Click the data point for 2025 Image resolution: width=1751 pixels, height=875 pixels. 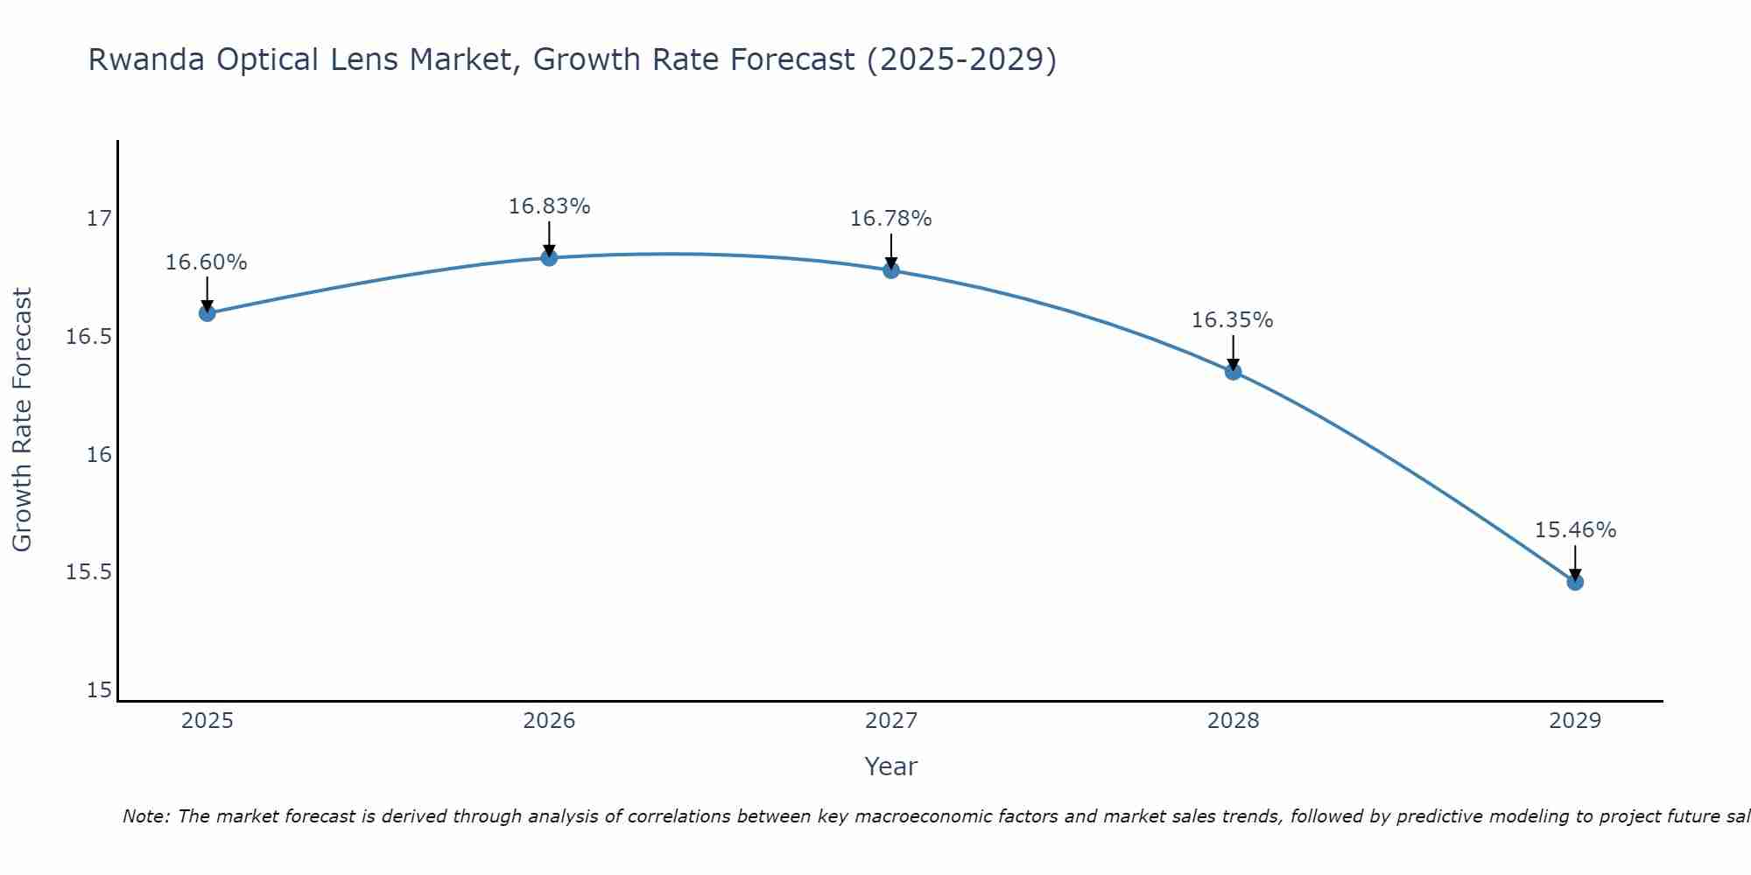click(x=207, y=313)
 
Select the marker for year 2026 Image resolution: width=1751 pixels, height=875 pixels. click(x=549, y=257)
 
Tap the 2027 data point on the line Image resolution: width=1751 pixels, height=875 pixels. click(x=891, y=269)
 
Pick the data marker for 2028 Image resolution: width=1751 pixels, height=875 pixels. click(x=1233, y=372)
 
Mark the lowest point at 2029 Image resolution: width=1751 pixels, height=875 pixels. click(x=1575, y=582)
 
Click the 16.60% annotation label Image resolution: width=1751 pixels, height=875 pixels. click(x=207, y=262)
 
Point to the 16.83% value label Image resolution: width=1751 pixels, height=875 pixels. click(x=549, y=206)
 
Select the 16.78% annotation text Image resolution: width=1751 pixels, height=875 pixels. click(x=890, y=219)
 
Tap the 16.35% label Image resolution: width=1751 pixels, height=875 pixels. click(x=1232, y=320)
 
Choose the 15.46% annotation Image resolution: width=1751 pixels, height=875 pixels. click(x=1575, y=530)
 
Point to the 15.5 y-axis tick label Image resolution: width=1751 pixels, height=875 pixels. click(x=89, y=572)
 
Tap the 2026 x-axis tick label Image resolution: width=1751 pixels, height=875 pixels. click(x=549, y=721)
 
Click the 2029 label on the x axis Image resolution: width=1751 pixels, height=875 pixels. click(x=1575, y=721)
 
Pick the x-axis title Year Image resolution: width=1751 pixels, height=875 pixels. click(x=890, y=766)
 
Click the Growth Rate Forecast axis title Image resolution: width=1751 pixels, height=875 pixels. click(x=23, y=420)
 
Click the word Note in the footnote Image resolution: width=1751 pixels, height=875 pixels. click(x=146, y=816)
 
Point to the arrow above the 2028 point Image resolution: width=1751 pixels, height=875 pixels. click(x=1233, y=352)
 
